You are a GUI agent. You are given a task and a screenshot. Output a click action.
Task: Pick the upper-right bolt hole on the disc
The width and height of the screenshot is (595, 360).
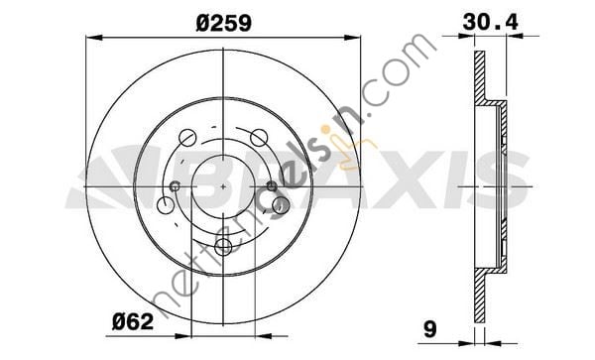[260, 137]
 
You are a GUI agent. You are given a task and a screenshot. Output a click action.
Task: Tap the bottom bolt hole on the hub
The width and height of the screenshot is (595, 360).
[281, 205]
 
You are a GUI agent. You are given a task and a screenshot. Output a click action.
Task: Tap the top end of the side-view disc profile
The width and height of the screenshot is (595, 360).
[480, 54]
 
